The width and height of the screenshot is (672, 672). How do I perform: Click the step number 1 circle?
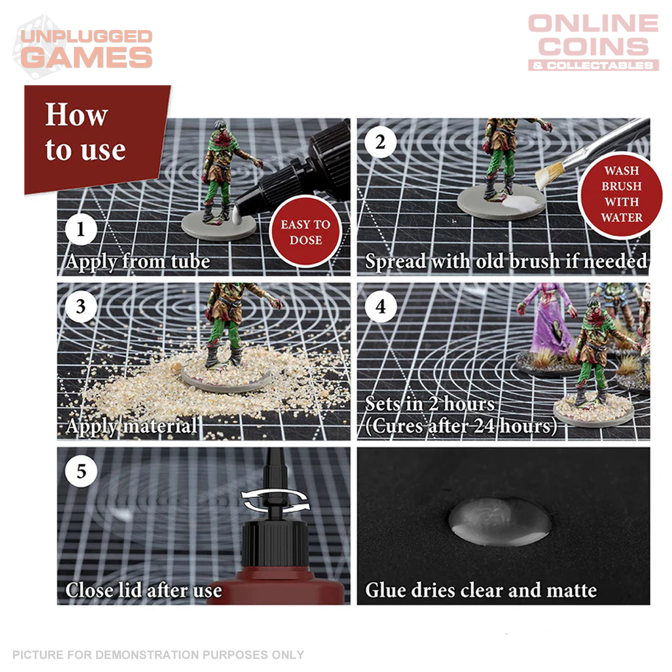[x=81, y=229]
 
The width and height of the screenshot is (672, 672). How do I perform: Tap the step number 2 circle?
[x=381, y=142]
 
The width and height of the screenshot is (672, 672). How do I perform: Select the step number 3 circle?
[x=81, y=307]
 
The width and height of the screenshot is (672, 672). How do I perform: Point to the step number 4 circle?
[x=381, y=307]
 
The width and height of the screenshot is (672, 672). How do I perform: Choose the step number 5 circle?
[x=81, y=471]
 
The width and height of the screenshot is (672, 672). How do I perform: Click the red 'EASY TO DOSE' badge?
[x=305, y=232]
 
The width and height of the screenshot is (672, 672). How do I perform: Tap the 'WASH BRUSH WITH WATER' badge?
[x=621, y=194]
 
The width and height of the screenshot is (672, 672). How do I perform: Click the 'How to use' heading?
[x=85, y=131]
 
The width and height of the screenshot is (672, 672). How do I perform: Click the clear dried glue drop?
[x=499, y=521]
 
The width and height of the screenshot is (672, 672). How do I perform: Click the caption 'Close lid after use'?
[x=144, y=590]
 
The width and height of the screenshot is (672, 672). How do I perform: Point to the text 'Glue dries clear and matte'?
[x=481, y=590]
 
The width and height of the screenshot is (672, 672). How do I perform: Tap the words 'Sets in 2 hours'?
[x=430, y=404]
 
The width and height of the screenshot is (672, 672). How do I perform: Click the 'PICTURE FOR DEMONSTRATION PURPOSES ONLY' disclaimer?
[x=158, y=655]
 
